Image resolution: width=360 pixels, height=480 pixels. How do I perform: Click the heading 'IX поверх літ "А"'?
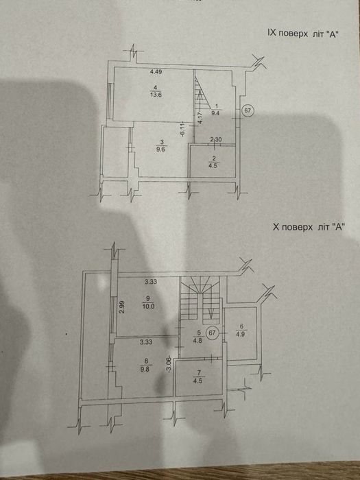pos(303,34)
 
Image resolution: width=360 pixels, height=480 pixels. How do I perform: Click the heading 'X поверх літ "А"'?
pos(309,227)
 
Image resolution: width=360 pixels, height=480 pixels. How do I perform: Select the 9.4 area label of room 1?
pos(217,112)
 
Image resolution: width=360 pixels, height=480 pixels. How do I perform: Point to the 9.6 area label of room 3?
pos(163,149)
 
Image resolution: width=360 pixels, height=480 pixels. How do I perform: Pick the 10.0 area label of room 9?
pos(148,306)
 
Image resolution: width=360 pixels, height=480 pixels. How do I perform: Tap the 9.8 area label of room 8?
pos(147,369)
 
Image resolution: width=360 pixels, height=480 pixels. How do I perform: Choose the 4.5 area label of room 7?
pos(198,381)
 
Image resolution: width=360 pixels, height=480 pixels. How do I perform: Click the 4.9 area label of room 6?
pos(241,333)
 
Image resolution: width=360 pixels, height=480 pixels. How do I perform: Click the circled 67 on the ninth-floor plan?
pos(248,110)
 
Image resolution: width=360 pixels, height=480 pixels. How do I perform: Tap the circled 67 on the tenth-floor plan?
pos(212,333)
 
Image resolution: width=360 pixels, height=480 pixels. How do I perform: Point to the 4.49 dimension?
pos(156,72)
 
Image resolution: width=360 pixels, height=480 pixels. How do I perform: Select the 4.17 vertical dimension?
pos(200,118)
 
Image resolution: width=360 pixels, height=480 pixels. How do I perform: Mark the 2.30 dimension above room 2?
pos(216,140)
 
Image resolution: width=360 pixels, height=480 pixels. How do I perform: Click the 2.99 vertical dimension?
pos(122,307)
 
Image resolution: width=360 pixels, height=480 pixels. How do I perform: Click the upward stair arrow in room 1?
pos(200,100)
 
